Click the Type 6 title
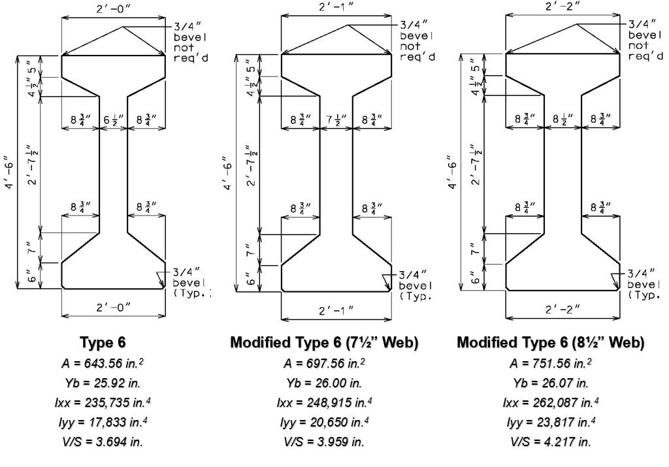coord(103,342)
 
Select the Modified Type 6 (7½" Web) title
coord(324,342)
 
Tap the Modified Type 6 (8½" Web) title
coord(550,342)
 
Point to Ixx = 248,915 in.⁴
coord(324,402)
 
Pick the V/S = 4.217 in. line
coord(550,442)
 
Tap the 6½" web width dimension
coord(114,120)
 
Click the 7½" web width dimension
coord(336,120)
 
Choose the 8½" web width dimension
coord(563,120)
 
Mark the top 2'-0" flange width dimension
coord(114,9)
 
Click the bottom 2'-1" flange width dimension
coord(336,310)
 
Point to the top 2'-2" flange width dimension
coord(563,7)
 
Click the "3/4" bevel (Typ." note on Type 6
coord(190,283)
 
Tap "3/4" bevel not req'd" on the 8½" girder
coord(645,40)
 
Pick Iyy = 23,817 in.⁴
coord(550,422)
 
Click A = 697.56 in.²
coord(324,363)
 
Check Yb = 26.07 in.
coord(550,383)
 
